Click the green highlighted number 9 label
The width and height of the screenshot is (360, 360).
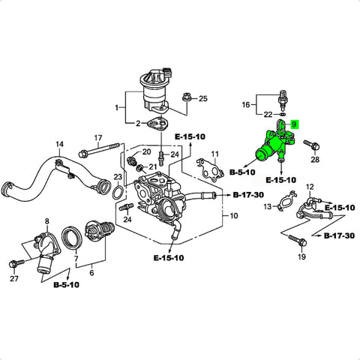click(294, 124)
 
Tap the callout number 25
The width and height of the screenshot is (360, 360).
click(203, 98)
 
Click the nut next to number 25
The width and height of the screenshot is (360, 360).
click(186, 97)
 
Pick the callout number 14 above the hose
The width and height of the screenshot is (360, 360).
click(59, 144)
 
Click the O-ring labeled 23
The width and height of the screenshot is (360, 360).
click(118, 192)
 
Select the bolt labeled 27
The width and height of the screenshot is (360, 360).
click(16, 263)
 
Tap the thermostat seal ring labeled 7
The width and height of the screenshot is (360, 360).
click(71, 238)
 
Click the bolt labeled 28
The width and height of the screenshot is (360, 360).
click(311, 144)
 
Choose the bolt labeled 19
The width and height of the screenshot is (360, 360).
click(298, 240)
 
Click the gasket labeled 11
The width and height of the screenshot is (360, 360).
click(209, 170)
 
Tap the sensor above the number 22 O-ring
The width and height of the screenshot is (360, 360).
click(283, 100)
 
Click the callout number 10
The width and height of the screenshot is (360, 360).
click(233, 215)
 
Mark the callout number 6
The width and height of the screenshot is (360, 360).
click(91, 272)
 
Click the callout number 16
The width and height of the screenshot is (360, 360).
click(246, 104)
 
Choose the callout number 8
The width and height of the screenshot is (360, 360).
click(47, 221)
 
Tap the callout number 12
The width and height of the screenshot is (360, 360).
click(310, 187)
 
